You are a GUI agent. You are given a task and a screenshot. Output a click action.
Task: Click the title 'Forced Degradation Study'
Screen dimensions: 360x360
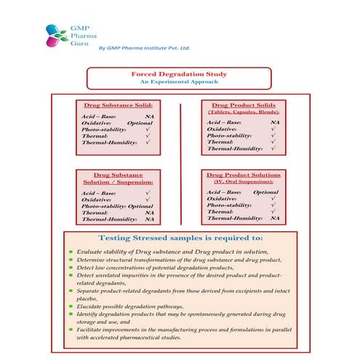179,74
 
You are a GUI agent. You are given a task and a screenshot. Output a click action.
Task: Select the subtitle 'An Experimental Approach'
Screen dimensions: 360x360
179,83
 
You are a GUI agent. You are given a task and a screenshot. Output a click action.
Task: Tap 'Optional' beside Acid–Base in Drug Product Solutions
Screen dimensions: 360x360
266,191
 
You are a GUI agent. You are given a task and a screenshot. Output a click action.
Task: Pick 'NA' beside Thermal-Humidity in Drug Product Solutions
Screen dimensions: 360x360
275,218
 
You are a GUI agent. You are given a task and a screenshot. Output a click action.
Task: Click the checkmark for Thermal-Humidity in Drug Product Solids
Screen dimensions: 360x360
273,148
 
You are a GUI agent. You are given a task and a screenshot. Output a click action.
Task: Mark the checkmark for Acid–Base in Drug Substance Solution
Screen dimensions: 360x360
148,193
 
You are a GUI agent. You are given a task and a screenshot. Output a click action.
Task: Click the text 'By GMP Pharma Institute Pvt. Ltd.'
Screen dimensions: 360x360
143,47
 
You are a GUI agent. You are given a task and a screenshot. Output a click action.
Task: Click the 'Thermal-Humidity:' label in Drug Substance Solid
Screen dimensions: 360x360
108,142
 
